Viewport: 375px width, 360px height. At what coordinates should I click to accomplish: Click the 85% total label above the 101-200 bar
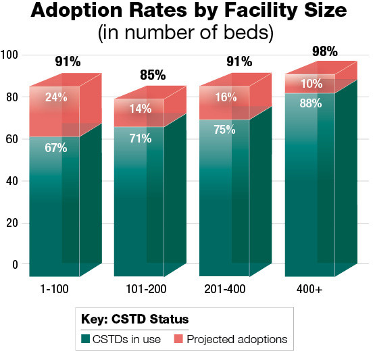pos(153,75)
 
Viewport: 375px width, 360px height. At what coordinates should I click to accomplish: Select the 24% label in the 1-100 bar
pos(55,97)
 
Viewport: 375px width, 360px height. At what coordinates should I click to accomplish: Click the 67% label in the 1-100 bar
pos(55,148)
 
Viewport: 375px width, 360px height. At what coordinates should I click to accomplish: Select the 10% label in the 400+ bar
pos(311,83)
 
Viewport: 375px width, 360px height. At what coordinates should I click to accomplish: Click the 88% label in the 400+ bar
pos(311,103)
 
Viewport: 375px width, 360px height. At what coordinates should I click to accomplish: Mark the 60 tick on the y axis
pos(12,139)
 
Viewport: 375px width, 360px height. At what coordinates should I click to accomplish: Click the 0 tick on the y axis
pos(15,265)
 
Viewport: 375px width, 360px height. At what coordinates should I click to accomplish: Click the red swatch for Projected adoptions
pos(179,339)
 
